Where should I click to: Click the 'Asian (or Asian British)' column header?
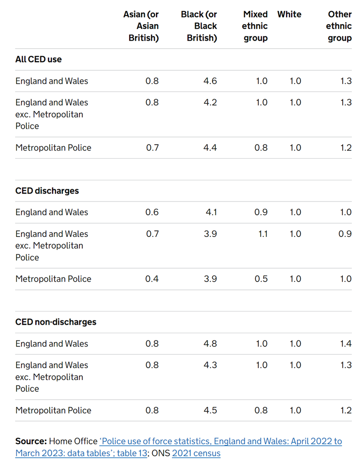[x=141, y=26]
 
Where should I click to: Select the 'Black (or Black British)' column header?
[x=199, y=26]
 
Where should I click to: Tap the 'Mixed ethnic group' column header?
[x=255, y=26]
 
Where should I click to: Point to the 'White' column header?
[x=289, y=14]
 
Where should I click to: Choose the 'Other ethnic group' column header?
[x=339, y=26]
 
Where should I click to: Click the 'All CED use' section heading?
[x=39, y=59]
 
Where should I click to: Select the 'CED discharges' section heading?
[x=47, y=191]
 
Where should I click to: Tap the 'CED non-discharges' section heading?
[x=56, y=322]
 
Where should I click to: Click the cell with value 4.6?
[x=210, y=81]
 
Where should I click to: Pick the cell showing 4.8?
[x=210, y=344]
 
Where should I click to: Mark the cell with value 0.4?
[x=152, y=279]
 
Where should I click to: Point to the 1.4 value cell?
[x=346, y=344]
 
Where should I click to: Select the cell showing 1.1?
[x=262, y=234]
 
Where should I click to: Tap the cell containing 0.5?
[x=261, y=279]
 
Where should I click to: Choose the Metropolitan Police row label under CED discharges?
[x=53, y=279]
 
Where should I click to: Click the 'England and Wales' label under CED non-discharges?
[x=52, y=344]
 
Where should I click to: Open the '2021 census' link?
[x=196, y=454]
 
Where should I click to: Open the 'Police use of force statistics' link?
[x=220, y=441]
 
